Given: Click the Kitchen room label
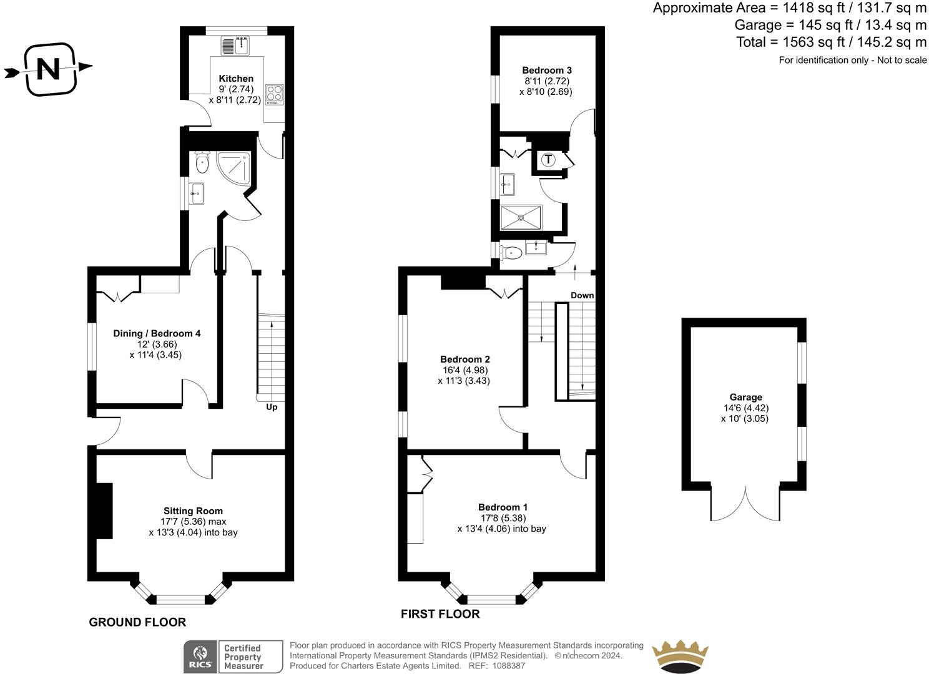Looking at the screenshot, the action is (236, 79).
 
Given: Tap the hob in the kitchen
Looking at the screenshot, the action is (275, 94).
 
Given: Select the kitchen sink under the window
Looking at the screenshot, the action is (235, 45).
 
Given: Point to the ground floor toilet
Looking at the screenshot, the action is (202, 162).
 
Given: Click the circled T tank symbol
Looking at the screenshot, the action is (548, 159).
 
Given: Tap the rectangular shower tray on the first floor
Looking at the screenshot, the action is (521, 217).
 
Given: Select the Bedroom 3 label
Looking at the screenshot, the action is (547, 70).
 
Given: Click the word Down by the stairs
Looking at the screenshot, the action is (582, 295).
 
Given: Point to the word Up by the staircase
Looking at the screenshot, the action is (272, 407).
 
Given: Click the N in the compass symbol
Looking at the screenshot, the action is (49, 69).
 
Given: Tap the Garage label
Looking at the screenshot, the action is (745, 397).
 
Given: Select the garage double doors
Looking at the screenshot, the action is (745, 506).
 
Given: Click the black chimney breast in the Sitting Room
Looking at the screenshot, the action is (104, 510).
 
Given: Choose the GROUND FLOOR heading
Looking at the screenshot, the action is (138, 622).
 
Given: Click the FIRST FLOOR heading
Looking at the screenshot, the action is (440, 614).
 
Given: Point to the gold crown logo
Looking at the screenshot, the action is (680, 656).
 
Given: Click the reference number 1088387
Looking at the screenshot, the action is (508, 666).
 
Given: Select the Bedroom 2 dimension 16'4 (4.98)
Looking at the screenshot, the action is (465, 369).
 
